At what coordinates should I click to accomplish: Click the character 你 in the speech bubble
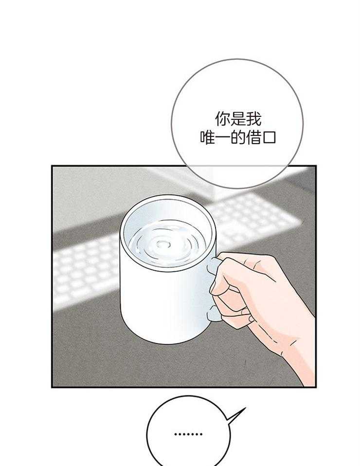[x=222, y=119]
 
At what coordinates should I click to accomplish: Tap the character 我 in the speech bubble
[x=253, y=119]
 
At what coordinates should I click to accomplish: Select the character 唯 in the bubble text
[x=207, y=137]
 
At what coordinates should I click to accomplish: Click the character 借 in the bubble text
[x=253, y=137]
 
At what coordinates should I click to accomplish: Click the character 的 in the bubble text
[x=238, y=137]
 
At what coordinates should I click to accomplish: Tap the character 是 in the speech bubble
[x=238, y=119]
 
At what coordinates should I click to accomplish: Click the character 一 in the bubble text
[x=222, y=138]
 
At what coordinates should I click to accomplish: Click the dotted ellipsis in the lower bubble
[x=188, y=434]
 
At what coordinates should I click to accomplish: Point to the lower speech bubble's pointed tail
[x=245, y=408]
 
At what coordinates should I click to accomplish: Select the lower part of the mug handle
[x=213, y=313]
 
